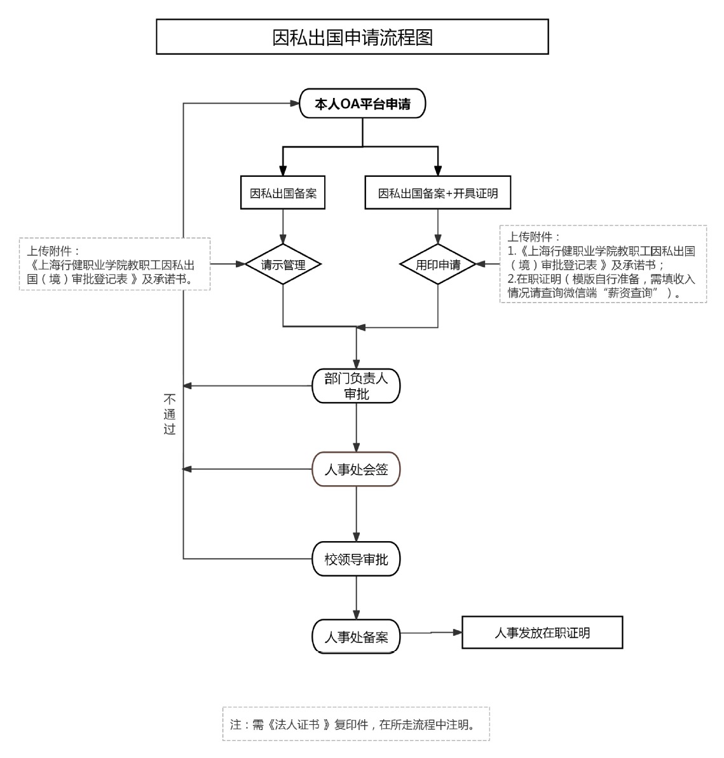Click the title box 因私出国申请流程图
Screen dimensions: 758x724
pos(352,37)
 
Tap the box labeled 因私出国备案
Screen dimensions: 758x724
pos(283,193)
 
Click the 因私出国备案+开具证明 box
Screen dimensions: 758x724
pos(438,193)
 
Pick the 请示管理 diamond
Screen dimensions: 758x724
pos(283,265)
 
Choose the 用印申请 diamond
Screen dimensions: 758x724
pos(438,265)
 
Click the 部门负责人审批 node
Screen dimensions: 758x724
pos(356,386)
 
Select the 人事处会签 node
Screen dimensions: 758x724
pos(356,469)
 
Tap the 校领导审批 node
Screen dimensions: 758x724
pos(356,559)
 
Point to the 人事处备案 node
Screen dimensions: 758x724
pos(356,637)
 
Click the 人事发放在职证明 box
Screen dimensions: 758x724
pos(542,633)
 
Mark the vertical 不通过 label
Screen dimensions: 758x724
pos(169,414)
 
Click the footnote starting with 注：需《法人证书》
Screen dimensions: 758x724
pos(355,724)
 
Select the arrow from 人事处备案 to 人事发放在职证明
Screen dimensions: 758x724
pos(431,633)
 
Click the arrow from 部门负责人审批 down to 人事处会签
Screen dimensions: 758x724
pos(356,427)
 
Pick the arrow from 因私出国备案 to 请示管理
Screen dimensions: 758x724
pos(283,226)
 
